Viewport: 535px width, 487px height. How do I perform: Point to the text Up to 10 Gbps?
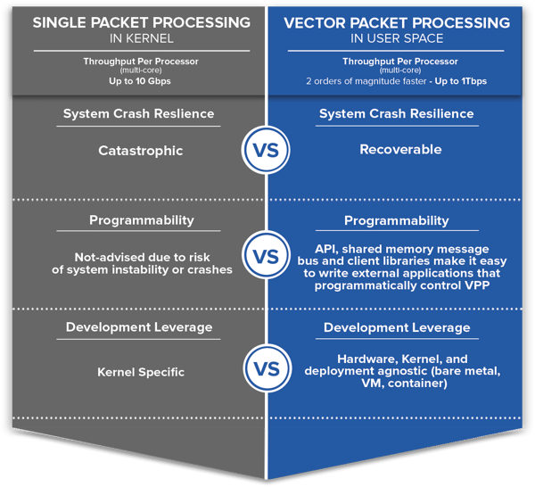pos(141,82)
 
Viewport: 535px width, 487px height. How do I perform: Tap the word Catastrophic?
pos(140,151)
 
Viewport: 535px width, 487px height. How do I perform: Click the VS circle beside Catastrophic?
pos(266,150)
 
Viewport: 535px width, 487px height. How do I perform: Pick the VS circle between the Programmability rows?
pos(266,257)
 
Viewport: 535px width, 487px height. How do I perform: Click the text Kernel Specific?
pos(140,371)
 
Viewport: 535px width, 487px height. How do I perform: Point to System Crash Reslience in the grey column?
pos(139,114)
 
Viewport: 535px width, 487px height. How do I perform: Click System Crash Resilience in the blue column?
pos(396,114)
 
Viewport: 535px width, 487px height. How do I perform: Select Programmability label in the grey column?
pos(139,220)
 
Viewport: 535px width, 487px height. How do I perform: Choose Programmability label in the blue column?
pos(396,220)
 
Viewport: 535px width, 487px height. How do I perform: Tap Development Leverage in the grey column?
pos(139,327)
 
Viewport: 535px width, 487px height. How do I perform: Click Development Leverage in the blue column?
pos(396,327)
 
